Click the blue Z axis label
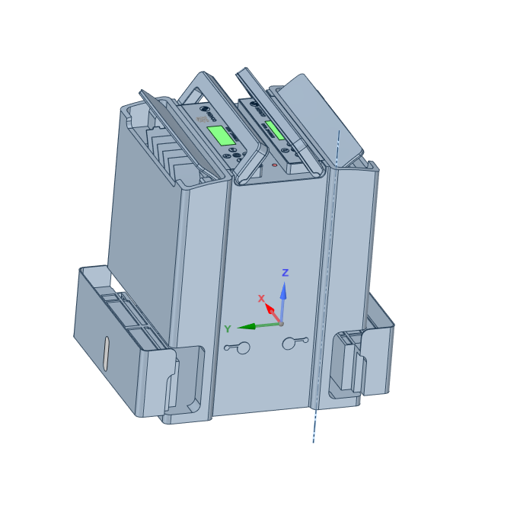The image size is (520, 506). coord(286,273)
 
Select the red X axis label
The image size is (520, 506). coord(261,299)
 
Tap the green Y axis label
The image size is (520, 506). coord(227,329)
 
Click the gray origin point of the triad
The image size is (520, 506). coord(281,323)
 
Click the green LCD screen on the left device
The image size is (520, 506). coord(221,136)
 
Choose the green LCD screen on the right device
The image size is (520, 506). coord(275,130)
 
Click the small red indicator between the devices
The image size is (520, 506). coord(274,165)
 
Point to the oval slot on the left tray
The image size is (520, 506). coord(107,354)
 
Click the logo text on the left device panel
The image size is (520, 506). coord(202,120)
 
